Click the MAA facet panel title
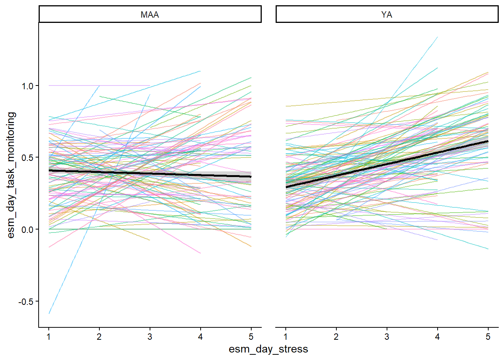click(150, 15)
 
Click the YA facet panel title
click(387, 15)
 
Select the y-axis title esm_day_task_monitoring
click(11, 175)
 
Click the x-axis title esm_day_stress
click(268, 349)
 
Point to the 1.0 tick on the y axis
click(27, 86)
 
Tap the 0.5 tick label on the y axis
click(27, 158)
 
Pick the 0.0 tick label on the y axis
click(27, 229)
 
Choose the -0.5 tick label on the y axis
click(26, 301)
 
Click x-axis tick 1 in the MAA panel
click(49, 337)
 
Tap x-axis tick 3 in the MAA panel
click(150, 337)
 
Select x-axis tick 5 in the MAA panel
click(251, 337)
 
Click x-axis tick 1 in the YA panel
click(286, 337)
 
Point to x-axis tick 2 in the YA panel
click(336, 337)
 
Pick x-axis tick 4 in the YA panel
click(437, 337)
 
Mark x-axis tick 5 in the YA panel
click(488, 337)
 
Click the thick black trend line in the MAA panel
click(150, 174)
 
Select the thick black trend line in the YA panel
click(387, 164)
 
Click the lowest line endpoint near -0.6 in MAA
click(49, 313)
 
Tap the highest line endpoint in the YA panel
click(437, 37)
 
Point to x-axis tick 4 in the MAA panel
click(200, 337)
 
